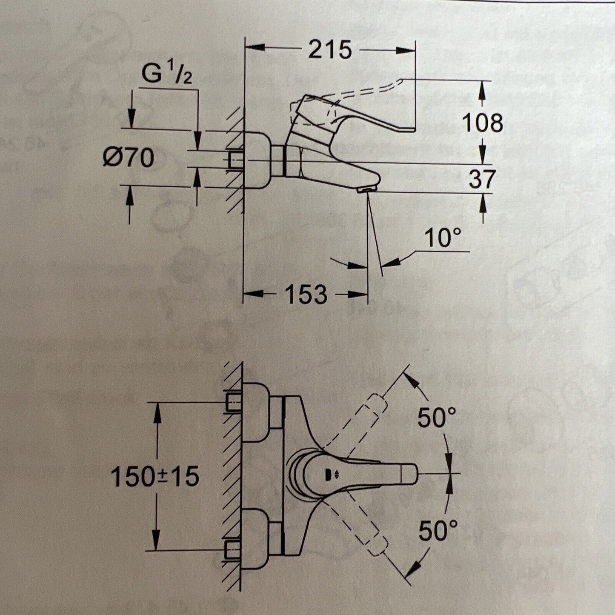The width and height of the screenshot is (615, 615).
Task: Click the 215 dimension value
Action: pos(330,50)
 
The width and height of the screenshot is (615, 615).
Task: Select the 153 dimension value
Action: pos(306,294)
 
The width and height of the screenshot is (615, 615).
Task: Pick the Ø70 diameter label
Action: pos(128,158)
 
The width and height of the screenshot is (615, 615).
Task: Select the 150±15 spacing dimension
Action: pos(155,476)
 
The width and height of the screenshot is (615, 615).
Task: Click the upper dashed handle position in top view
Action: pos(375,406)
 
